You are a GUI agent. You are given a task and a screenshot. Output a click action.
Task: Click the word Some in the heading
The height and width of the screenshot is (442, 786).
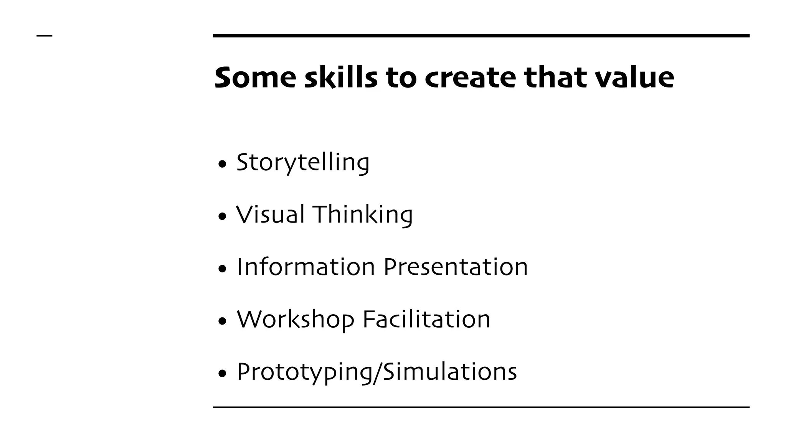255,78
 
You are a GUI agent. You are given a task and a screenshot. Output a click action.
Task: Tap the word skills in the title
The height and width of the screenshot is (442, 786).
341,78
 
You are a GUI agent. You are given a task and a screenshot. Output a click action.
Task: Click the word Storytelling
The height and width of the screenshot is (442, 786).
303,163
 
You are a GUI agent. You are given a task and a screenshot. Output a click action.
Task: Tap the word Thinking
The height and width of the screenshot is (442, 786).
363,215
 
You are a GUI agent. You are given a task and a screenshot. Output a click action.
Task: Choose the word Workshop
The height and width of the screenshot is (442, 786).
296,320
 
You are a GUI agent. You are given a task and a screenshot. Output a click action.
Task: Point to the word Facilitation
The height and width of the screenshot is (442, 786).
426,319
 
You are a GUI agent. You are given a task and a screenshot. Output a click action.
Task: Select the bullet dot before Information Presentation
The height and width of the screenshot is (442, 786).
222,269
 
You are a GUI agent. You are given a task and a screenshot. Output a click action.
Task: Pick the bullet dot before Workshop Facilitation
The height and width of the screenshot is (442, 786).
222,321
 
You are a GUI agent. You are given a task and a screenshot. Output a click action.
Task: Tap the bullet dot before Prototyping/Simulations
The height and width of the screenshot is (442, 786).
222,374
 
